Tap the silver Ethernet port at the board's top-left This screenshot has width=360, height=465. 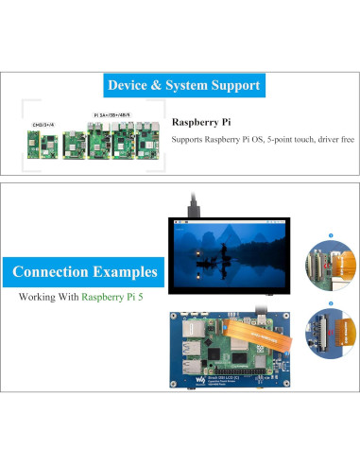[187, 331]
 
